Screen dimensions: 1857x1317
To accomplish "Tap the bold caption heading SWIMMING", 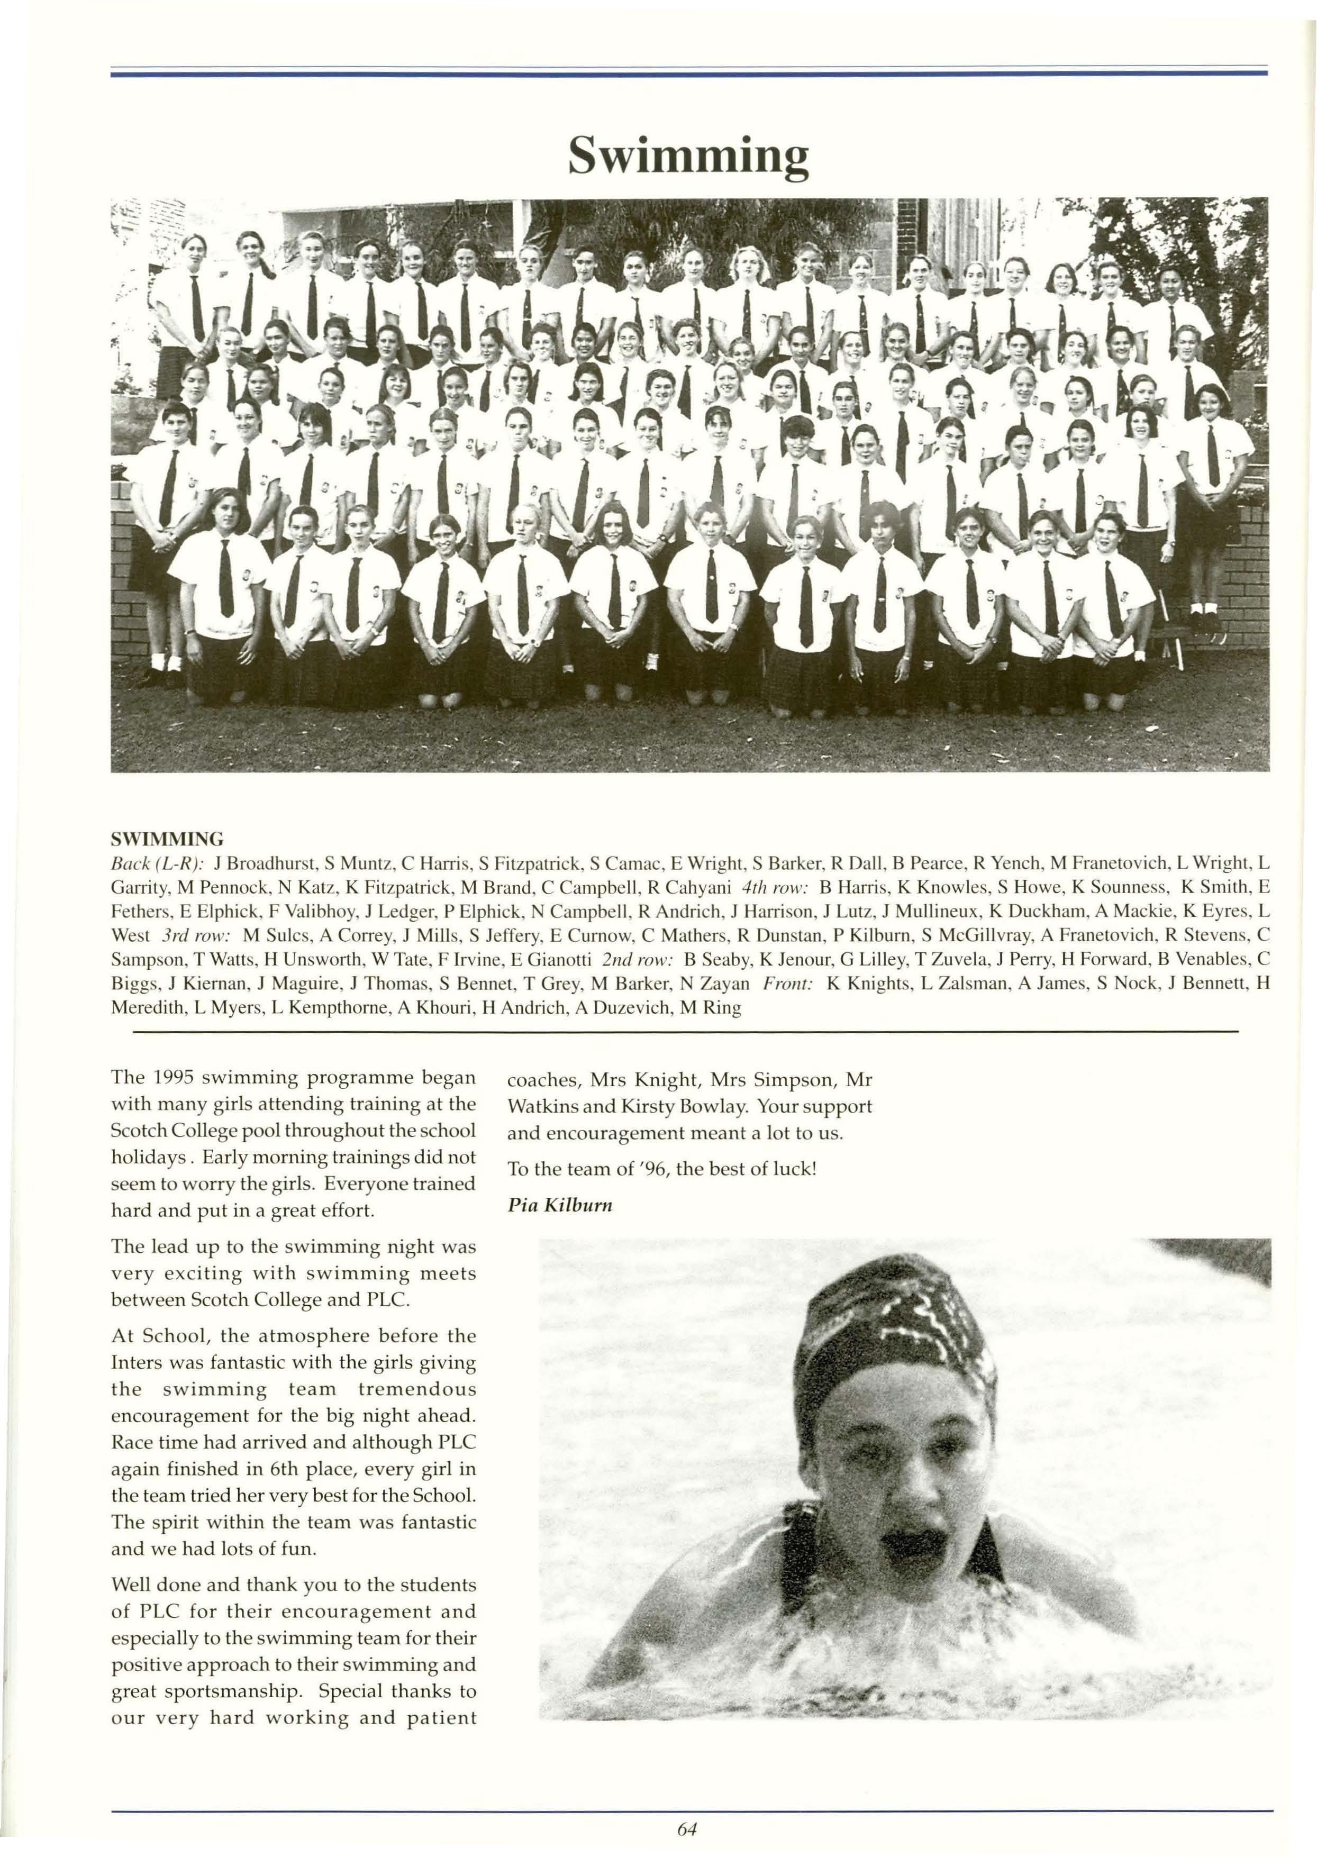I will [x=167, y=839].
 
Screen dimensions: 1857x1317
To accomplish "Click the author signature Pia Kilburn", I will [x=560, y=1205].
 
